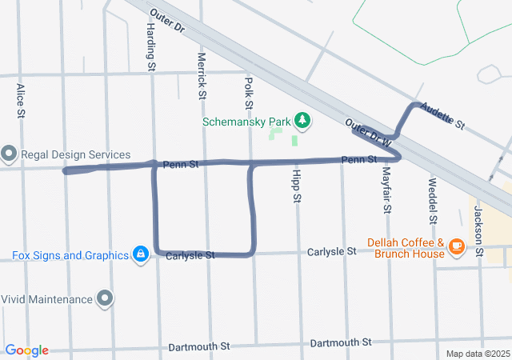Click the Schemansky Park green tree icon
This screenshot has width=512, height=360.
click(x=302, y=122)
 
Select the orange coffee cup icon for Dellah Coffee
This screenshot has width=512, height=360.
click(x=457, y=246)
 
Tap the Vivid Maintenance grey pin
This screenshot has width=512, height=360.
click(x=106, y=299)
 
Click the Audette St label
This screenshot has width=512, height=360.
click(x=442, y=116)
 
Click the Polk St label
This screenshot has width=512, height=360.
click(x=249, y=94)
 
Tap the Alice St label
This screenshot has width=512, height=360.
click(x=21, y=101)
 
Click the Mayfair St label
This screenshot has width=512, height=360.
click(x=386, y=191)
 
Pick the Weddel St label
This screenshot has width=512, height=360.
click(x=433, y=206)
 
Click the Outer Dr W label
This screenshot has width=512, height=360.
click(x=370, y=133)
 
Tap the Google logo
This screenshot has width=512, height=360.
click(x=26, y=350)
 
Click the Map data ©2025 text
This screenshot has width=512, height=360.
click(x=477, y=354)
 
